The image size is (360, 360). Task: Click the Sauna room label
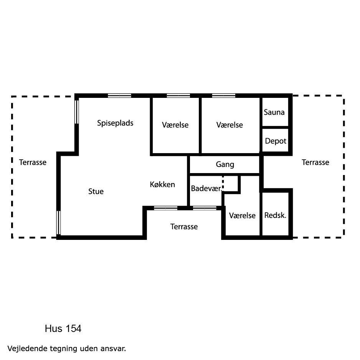(x=274, y=112)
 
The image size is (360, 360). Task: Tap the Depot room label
(x=276, y=141)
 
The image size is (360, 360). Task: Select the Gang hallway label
(x=225, y=165)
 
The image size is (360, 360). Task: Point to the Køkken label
(x=162, y=184)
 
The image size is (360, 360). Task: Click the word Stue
(x=96, y=191)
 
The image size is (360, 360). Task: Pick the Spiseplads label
(x=115, y=123)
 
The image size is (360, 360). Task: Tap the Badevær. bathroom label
(x=206, y=188)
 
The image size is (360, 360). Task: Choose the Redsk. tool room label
(x=275, y=215)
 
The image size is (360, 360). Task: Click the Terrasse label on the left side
(x=33, y=162)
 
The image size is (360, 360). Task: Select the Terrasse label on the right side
(x=315, y=162)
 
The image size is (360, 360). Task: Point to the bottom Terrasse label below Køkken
(x=184, y=226)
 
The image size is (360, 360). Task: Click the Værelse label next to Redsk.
(x=242, y=215)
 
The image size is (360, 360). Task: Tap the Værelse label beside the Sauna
(x=230, y=125)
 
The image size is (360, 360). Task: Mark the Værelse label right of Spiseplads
(x=175, y=125)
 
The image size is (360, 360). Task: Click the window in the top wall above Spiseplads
(x=119, y=96)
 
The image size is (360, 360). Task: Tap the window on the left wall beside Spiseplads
(x=77, y=112)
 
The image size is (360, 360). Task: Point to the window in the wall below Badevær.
(x=205, y=208)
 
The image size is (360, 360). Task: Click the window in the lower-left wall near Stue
(x=59, y=223)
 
